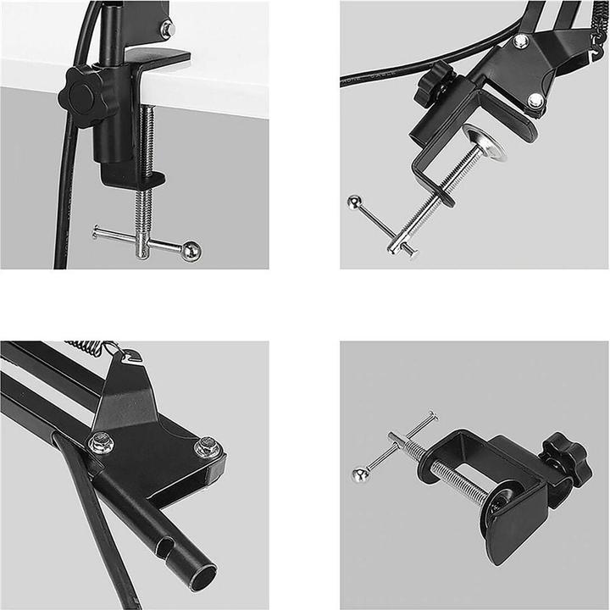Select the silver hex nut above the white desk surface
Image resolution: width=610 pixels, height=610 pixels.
(167, 30)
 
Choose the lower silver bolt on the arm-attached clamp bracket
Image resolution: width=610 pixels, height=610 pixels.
(535, 101)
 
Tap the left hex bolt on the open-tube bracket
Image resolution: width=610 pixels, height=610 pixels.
(101, 442)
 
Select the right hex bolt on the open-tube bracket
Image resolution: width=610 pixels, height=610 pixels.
(206, 446)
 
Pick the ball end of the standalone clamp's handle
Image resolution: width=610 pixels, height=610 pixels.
(360, 475)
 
